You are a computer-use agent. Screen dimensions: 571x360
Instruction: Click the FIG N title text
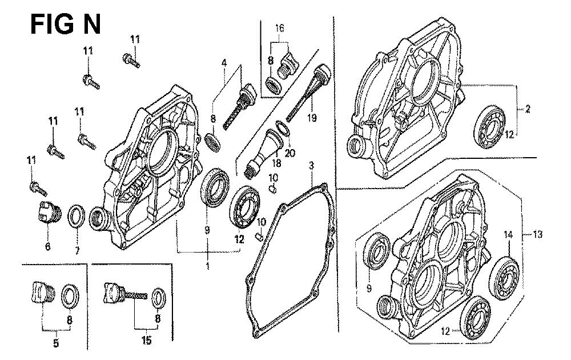coord(66,25)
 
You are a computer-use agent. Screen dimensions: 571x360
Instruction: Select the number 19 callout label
coord(312,118)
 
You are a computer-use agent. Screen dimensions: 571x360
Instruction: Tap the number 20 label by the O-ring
coord(290,153)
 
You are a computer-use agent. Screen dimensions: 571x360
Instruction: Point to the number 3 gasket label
coord(311,166)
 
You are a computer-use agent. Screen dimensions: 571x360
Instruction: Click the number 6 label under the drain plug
coord(48,247)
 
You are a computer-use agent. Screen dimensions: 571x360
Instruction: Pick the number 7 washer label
coord(77,250)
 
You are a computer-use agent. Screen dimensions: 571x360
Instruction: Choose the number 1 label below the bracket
coord(208,266)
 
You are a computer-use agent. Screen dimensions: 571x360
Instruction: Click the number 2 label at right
coord(528,108)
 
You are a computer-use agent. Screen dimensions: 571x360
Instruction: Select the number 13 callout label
coord(537,234)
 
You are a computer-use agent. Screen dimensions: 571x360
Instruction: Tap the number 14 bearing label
coord(508,235)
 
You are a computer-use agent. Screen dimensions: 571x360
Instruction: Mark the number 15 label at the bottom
coord(146,341)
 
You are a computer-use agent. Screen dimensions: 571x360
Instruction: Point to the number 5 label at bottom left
coord(56,343)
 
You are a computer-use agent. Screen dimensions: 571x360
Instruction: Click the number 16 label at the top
coord(279,28)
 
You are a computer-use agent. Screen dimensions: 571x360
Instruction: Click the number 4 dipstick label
coord(224,63)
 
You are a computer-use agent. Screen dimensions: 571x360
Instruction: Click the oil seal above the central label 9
coord(215,187)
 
